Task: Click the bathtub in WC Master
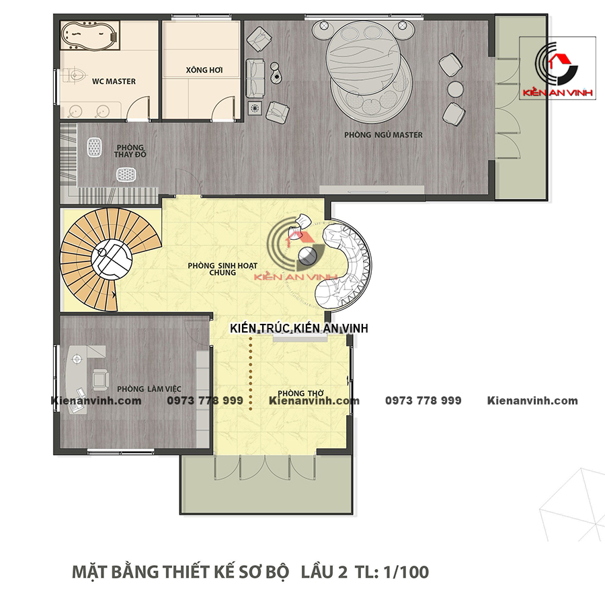(90, 35)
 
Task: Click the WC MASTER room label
(114, 81)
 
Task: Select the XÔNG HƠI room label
(204, 70)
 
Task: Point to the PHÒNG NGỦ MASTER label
(383, 134)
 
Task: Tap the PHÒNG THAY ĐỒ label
(130, 150)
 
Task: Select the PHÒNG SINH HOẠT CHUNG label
(223, 269)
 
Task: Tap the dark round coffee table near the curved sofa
(307, 256)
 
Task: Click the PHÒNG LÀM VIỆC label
(149, 389)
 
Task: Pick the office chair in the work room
(100, 378)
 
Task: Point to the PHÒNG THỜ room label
(300, 393)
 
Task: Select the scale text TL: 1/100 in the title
(391, 572)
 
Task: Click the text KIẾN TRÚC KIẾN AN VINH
(299, 328)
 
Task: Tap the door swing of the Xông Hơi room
(223, 109)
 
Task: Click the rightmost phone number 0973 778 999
(424, 400)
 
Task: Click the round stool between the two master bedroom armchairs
(455, 89)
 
